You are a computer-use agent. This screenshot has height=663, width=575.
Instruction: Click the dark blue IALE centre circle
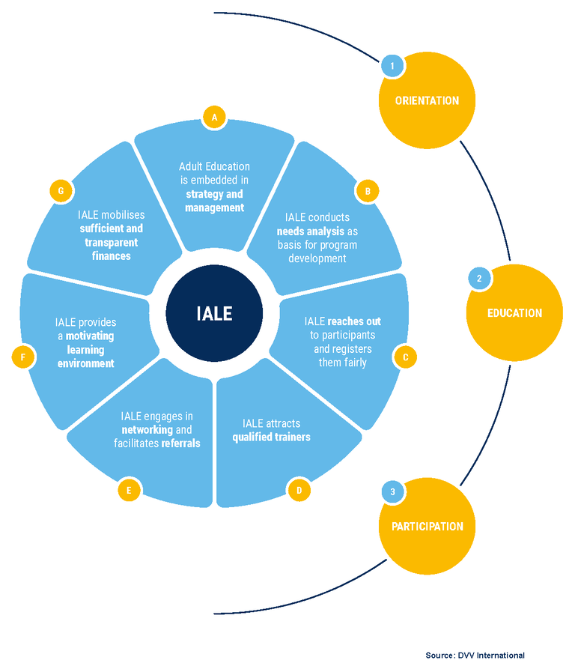click(214, 313)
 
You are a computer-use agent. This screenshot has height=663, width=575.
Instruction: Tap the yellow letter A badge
click(214, 117)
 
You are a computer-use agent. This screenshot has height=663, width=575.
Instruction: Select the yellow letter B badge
click(367, 191)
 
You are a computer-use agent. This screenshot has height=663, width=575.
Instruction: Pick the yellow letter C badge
click(405, 357)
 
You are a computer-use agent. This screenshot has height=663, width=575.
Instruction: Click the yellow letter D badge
click(299, 490)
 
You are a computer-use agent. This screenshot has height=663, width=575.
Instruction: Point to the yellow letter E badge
click(129, 490)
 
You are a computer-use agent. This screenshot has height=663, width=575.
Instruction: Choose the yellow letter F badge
click(22, 357)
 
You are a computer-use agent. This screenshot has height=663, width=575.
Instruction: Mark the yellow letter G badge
click(61, 191)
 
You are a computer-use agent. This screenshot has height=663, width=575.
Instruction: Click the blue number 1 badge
click(392, 65)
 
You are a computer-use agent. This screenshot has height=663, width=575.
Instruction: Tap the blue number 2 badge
click(479, 278)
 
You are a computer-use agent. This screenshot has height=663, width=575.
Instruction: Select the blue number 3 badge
click(393, 491)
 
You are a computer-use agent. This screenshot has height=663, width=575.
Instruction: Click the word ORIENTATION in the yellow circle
click(427, 100)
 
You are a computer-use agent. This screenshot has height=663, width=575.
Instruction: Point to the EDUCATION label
click(514, 313)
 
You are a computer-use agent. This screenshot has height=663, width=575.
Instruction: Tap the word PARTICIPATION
click(427, 527)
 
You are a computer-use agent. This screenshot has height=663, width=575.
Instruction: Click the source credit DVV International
click(491, 656)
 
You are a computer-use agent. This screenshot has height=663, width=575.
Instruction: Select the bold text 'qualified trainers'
click(271, 437)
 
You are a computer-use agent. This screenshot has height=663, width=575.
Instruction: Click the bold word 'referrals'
click(181, 443)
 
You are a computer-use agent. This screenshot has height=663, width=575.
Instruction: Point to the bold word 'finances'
click(111, 255)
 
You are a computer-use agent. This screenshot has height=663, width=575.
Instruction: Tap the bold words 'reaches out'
click(354, 321)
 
